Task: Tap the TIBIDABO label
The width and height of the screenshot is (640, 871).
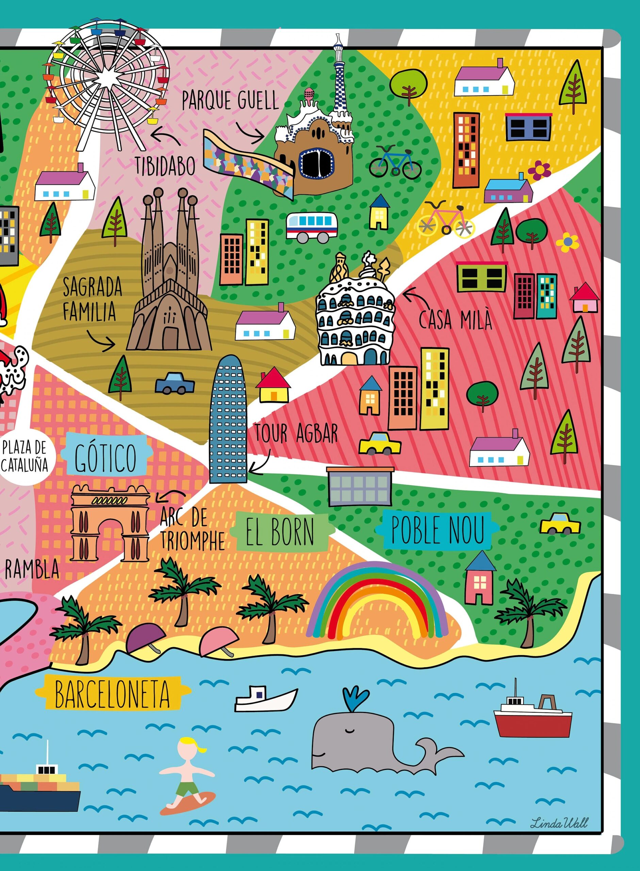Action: [x=165, y=166]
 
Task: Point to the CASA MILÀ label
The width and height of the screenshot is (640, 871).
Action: [x=455, y=320]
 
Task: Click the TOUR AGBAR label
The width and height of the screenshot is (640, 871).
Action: [x=296, y=433]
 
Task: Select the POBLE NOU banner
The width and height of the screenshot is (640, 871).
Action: [x=438, y=530]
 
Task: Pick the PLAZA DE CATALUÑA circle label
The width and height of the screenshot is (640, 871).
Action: [x=24, y=457]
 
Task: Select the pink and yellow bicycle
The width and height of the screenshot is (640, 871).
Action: [x=445, y=220]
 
